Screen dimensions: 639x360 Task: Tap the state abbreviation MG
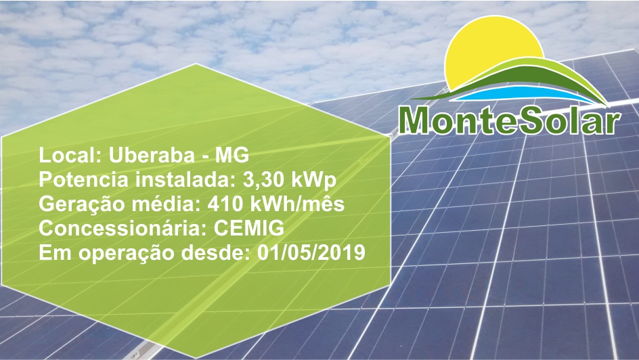232,155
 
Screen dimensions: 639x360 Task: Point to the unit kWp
314,181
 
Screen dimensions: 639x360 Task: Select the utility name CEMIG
248,229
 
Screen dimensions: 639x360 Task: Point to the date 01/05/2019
311,253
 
